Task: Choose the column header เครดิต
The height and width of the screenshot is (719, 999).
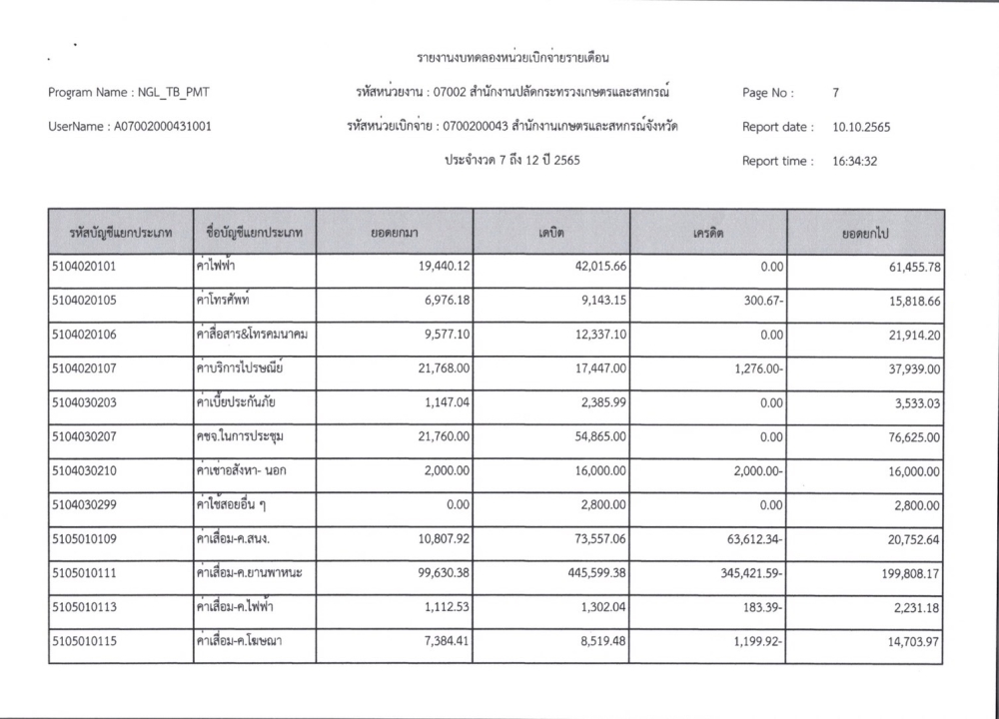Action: click(707, 233)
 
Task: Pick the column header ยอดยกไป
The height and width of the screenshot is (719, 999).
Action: click(865, 233)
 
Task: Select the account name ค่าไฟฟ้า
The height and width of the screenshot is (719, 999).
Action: click(217, 268)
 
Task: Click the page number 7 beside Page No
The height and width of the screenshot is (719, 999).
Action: click(835, 93)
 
